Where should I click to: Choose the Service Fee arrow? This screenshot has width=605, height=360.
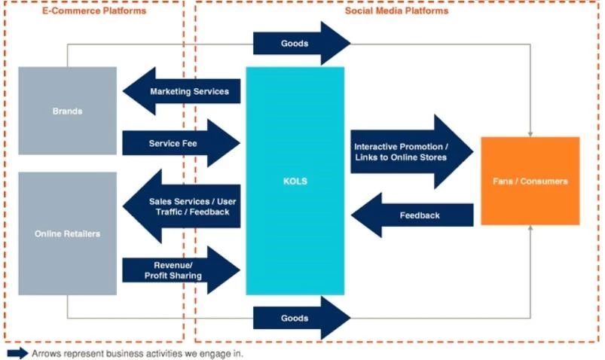tap(181, 143)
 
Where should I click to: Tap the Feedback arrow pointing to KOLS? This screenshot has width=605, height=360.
tap(414, 215)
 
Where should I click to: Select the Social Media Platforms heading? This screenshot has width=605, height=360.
tap(396, 11)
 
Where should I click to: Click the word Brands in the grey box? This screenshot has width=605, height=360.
tap(67, 111)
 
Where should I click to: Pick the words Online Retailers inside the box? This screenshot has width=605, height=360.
tap(67, 233)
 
